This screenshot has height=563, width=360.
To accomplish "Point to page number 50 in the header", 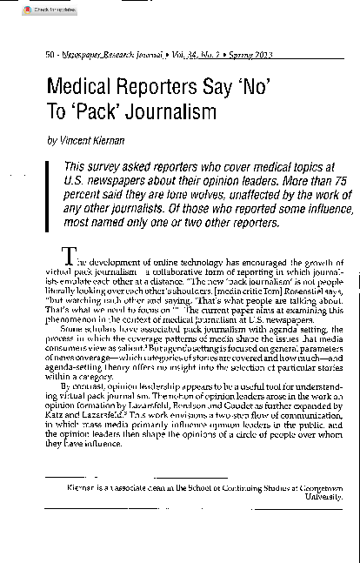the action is [x=50, y=55].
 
